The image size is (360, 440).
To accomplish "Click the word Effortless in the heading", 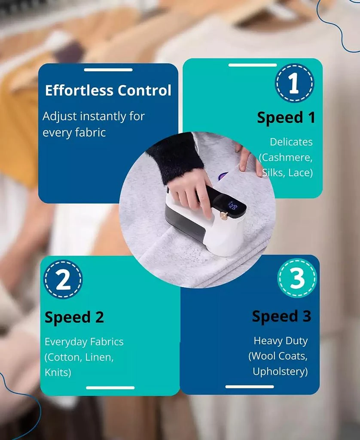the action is point(79,90).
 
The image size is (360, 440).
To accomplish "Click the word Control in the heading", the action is point(144,90).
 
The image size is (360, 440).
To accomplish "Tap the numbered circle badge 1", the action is point(294,83).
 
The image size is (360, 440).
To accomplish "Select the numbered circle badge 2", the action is point(63,279).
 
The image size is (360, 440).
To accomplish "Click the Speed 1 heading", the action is point(286,117).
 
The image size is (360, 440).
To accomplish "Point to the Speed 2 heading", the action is point(74,318).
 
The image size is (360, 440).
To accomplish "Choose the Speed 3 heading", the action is point(281,316).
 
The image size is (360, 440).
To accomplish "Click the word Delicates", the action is point(291,142).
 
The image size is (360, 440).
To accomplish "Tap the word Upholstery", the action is point(280,371).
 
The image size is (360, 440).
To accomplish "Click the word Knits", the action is point(57,373).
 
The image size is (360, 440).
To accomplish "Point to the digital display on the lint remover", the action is point(232,206).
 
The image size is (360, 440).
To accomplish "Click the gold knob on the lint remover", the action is point(224,216).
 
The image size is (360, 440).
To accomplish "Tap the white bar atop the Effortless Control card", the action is point(108,70).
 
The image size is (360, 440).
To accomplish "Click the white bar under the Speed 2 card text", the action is point(110,388).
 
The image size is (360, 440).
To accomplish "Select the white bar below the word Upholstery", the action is point(250,387).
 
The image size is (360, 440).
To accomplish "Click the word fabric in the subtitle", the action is point(90,132).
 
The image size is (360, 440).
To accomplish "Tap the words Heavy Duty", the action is point(281,341).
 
